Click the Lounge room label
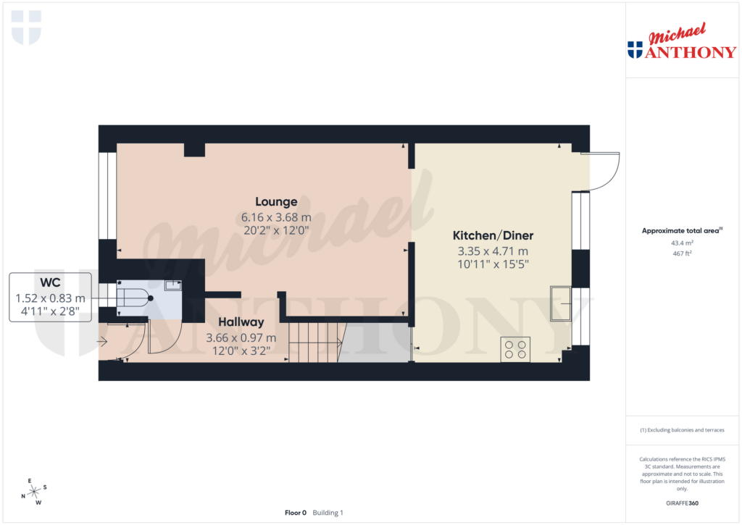pos(276,201)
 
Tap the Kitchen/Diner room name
pos(493,235)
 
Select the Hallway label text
pos(241,322)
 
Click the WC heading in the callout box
pos(50,282)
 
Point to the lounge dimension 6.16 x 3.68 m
pos(276,217)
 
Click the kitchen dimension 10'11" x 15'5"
pos(493,264)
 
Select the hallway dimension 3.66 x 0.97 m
pos(241,337)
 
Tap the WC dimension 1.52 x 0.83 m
pos(50,298)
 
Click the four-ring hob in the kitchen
pos(515,349)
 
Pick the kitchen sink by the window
pos(560,303)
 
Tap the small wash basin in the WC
pos(173,286)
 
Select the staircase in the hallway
pos(316,342)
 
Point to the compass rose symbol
pos(33,492)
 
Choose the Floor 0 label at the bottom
pos(296,513)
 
